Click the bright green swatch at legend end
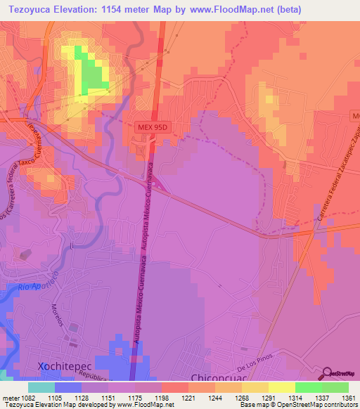[x=335, y=387]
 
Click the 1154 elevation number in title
[x=129, y=9]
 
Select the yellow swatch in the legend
[x=281, y=387]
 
